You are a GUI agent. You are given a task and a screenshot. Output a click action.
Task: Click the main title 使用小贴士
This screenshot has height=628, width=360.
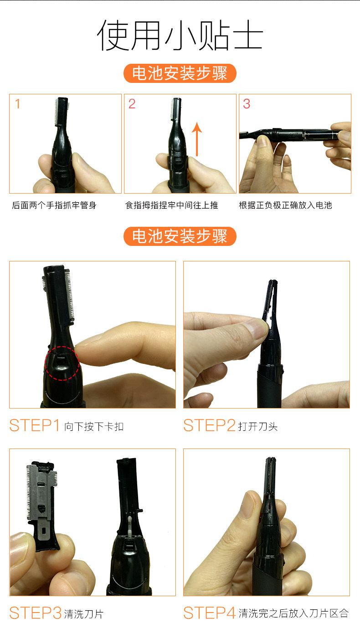pos(180,35)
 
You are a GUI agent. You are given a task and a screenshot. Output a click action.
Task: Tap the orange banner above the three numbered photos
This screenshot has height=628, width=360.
pos(180,73)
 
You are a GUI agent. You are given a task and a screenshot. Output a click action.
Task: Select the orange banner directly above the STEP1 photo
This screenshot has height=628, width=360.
pos(180,236)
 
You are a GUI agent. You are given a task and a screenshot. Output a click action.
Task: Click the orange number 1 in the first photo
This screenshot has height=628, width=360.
pos(18,104)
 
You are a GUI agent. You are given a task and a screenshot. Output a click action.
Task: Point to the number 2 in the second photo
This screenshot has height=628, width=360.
pos(132,104)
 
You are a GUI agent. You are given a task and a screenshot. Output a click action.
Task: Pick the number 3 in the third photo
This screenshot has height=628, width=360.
pos(247,104)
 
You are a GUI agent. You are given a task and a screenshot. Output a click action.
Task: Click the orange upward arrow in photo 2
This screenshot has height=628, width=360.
pos(197,139)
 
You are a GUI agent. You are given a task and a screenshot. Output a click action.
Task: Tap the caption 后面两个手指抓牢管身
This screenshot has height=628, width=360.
pos(54,205)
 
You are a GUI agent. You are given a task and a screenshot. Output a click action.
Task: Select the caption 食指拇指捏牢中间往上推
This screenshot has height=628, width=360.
pos(171,205)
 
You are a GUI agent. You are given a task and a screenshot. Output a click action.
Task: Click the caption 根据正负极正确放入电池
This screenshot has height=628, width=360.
pos(285,205)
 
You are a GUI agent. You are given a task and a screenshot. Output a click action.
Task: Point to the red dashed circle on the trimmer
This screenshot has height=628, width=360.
pos(62,347)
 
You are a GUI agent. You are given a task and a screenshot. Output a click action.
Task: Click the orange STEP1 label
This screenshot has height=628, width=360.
pos(35,425)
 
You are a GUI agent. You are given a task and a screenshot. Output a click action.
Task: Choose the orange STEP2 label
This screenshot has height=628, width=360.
pos(209,425)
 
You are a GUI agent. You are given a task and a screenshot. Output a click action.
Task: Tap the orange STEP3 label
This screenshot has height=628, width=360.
pos(36,613)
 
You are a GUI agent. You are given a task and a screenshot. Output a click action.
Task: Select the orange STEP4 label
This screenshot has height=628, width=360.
pos(209,613)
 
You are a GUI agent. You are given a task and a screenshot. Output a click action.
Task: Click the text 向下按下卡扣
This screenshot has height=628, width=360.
pos(94,426)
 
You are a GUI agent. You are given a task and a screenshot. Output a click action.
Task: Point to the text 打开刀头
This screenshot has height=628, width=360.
pos(258,426)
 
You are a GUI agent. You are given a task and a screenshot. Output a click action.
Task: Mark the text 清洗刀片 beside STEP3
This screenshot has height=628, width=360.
pos(84,614)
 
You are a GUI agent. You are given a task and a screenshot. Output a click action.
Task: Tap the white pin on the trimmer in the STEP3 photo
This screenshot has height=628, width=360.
pos(130,526)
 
